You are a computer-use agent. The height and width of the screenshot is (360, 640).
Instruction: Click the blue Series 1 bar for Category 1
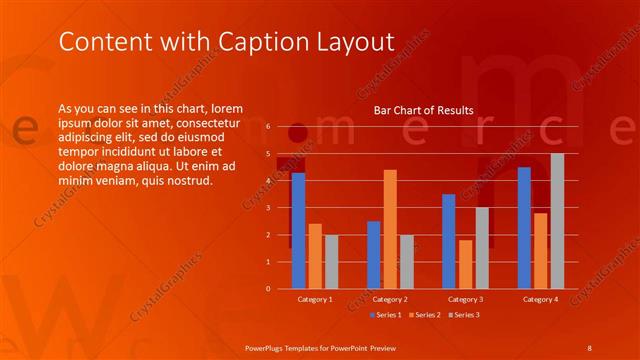point(298,230)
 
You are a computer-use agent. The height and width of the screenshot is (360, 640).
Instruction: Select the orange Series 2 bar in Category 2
point(390,229)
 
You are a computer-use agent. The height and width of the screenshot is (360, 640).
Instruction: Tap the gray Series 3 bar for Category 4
point(557,221)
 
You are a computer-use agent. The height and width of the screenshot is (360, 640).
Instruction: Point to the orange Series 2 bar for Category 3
point(465,264)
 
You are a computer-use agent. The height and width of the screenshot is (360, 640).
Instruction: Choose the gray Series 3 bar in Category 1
point(331,261)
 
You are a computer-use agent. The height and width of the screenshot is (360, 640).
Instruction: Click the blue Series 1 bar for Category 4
point(524,227)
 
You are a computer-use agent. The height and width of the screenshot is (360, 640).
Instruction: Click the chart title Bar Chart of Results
point(423,110)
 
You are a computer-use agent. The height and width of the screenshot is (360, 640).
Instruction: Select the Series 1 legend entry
point(387,315)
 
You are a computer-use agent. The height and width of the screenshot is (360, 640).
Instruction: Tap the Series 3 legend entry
point(465,315)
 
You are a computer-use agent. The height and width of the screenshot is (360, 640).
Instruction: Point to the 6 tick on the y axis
point(267,127)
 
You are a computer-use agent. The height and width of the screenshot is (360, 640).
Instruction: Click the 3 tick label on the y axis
point(267,208)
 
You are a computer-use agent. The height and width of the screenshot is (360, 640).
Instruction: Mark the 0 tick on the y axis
point(267,289)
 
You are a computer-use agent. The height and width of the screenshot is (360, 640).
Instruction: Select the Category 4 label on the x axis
point(540,300)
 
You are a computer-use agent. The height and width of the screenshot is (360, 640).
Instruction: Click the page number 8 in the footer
point(589,347)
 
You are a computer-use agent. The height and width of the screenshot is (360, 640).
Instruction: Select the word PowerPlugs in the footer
point(267,347)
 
